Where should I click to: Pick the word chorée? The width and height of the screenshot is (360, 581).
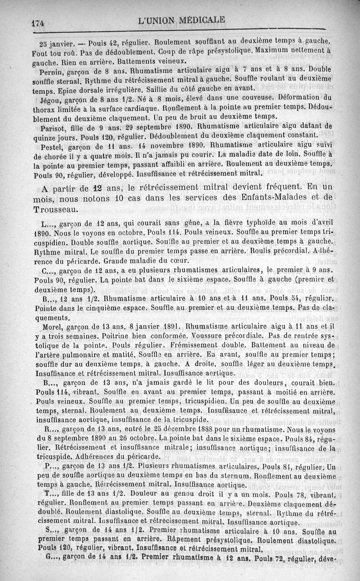tap(57, 156)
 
